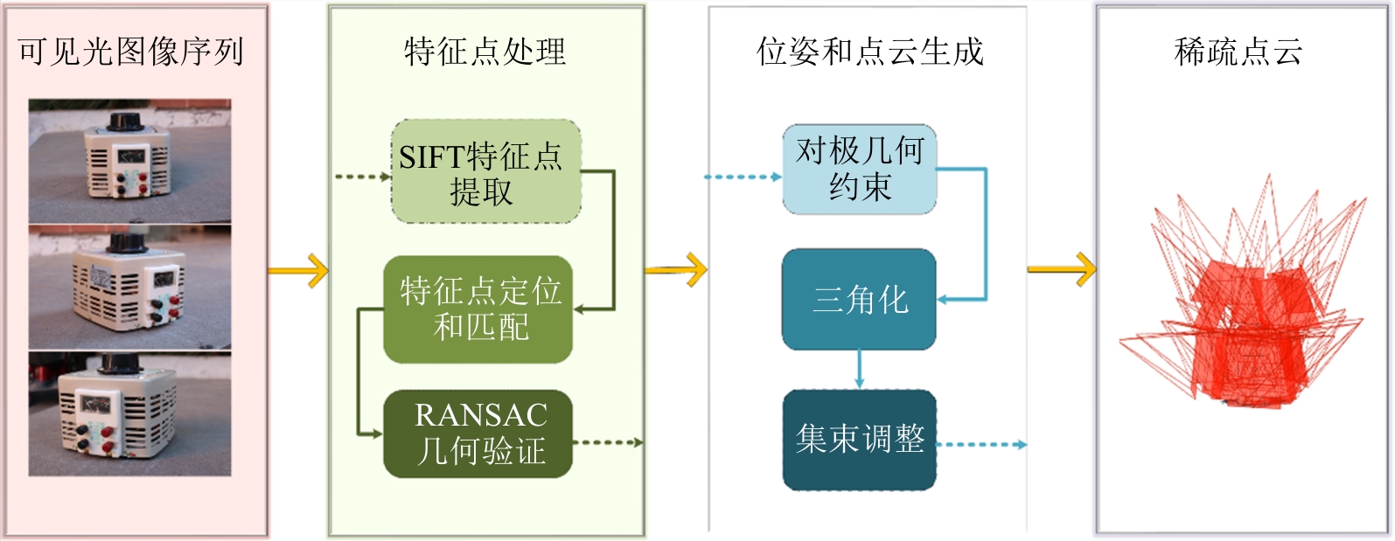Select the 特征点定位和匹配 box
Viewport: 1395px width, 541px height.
[x=478, y=309]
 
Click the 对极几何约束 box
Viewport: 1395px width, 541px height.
[x=859, y=170]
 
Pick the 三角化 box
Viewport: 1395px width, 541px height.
[x=859, y=300]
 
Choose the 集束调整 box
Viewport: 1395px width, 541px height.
[x=859, y=440]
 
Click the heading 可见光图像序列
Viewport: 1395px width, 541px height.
[x=131, y=52]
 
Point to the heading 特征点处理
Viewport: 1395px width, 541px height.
[x=485, y=52]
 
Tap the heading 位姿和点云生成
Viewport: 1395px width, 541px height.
[x=869, y=52]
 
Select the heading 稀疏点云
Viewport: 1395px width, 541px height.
[x=1238, y=52]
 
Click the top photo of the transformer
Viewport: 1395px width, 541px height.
[x=129, y=161]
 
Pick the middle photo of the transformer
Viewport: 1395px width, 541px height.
[x=129, y=288]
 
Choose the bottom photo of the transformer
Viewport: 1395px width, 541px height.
[x=129, y=414]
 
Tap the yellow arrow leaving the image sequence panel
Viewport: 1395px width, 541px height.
[x=297, y=271]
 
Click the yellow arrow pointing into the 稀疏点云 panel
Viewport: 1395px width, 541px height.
[x=1061, y=269]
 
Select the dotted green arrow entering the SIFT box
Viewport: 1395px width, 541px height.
[x=362, y=177]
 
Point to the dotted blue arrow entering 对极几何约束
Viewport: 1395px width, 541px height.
[x=742, y=177]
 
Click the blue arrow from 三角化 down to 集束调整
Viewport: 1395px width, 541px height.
[x=859, y=369]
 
